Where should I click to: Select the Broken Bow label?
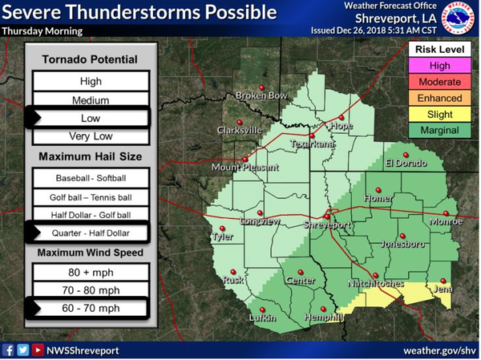(261, 96)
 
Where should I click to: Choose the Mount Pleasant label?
(245, 168)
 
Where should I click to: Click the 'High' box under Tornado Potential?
(91, 81)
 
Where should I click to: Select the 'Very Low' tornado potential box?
(91, 136)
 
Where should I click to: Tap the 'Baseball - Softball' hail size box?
(91, 177)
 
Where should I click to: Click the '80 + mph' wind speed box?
(91, 272)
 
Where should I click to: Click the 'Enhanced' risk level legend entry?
(439, 98)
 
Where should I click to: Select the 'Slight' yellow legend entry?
(439, 114)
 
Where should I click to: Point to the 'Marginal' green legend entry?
(439, 130)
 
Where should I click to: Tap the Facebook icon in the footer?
(9, 350)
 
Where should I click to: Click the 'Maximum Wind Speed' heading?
(90, 253)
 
